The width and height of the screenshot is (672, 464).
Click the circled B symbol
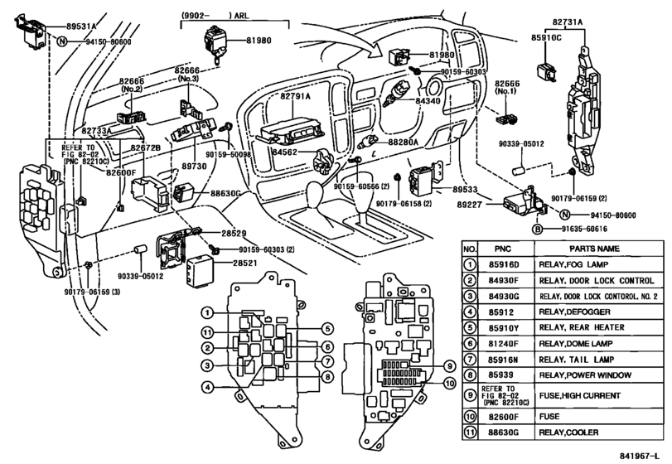pyautogui.click(x=536, y=228)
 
